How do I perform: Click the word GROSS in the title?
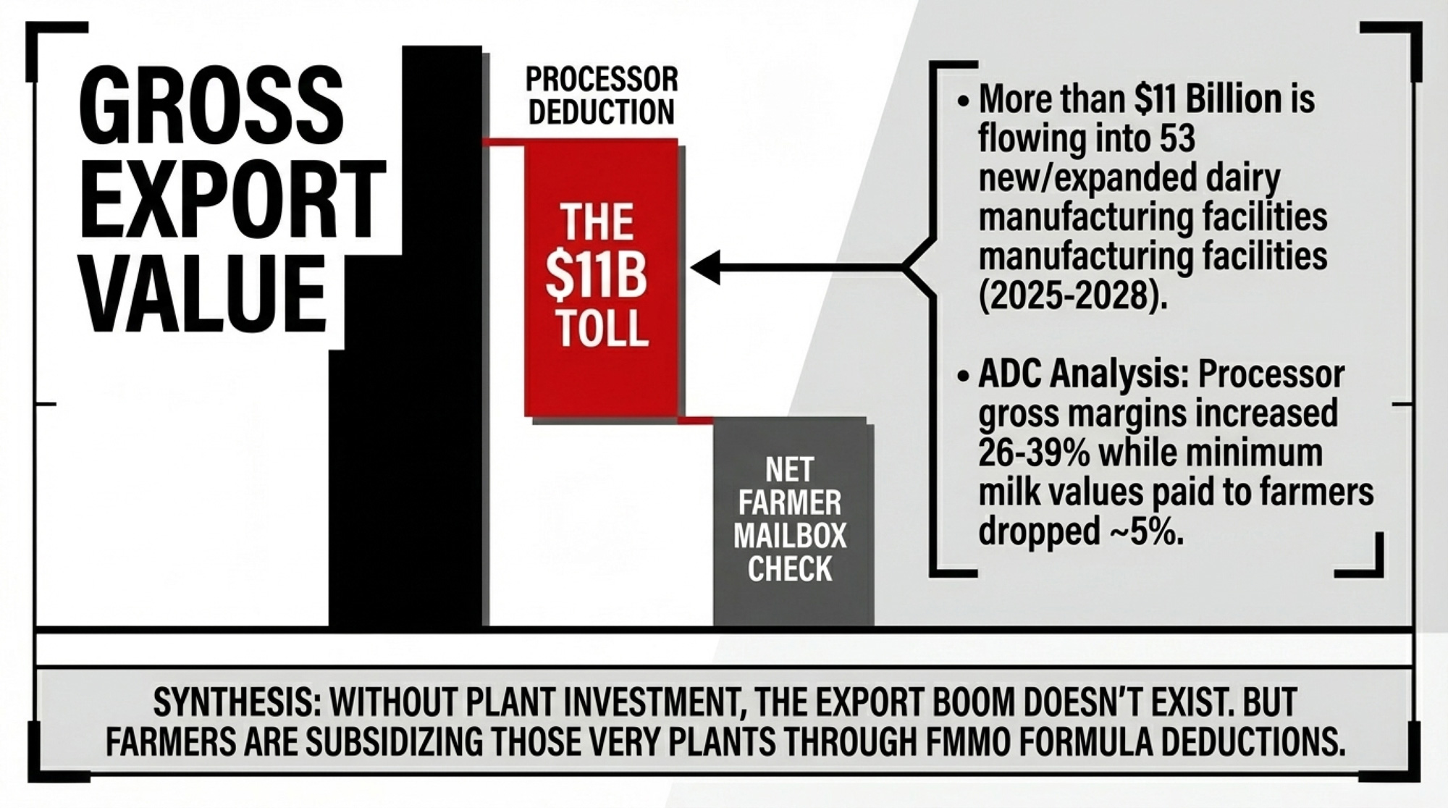[211, 106]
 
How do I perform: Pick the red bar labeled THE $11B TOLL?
[602, 277]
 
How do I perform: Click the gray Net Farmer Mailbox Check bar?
[790, 521]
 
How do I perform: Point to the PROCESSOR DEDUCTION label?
[602, 96]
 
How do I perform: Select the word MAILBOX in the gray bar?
[790, 536]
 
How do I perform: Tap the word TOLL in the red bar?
[602, 328]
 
